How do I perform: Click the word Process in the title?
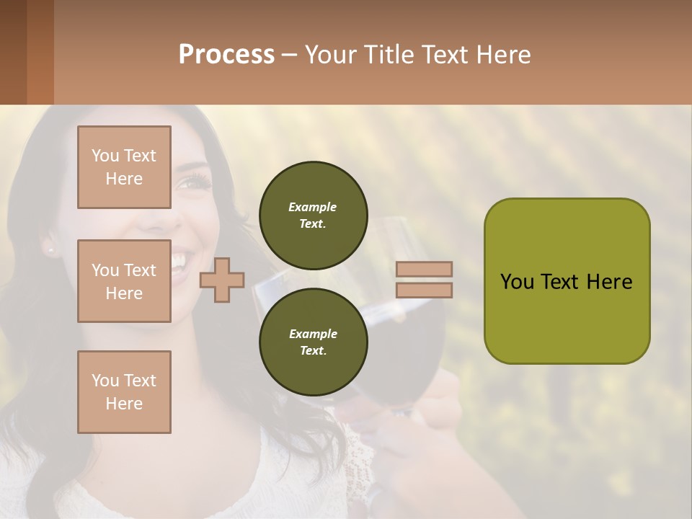[226, 54]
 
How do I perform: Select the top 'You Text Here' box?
[124, 167]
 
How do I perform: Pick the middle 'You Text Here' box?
[124, 281]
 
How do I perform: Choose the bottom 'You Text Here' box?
[124, 392]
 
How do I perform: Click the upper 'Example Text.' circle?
[313, 216]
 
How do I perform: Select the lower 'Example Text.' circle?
[313, 342]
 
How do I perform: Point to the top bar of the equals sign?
[425, 269]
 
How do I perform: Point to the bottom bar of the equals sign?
[425, 290]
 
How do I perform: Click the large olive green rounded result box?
[567, 281]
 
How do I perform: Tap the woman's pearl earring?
[50, 250]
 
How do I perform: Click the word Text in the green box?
[566, 281]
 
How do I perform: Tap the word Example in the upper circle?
[313, 207]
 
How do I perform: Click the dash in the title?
[290, 55]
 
